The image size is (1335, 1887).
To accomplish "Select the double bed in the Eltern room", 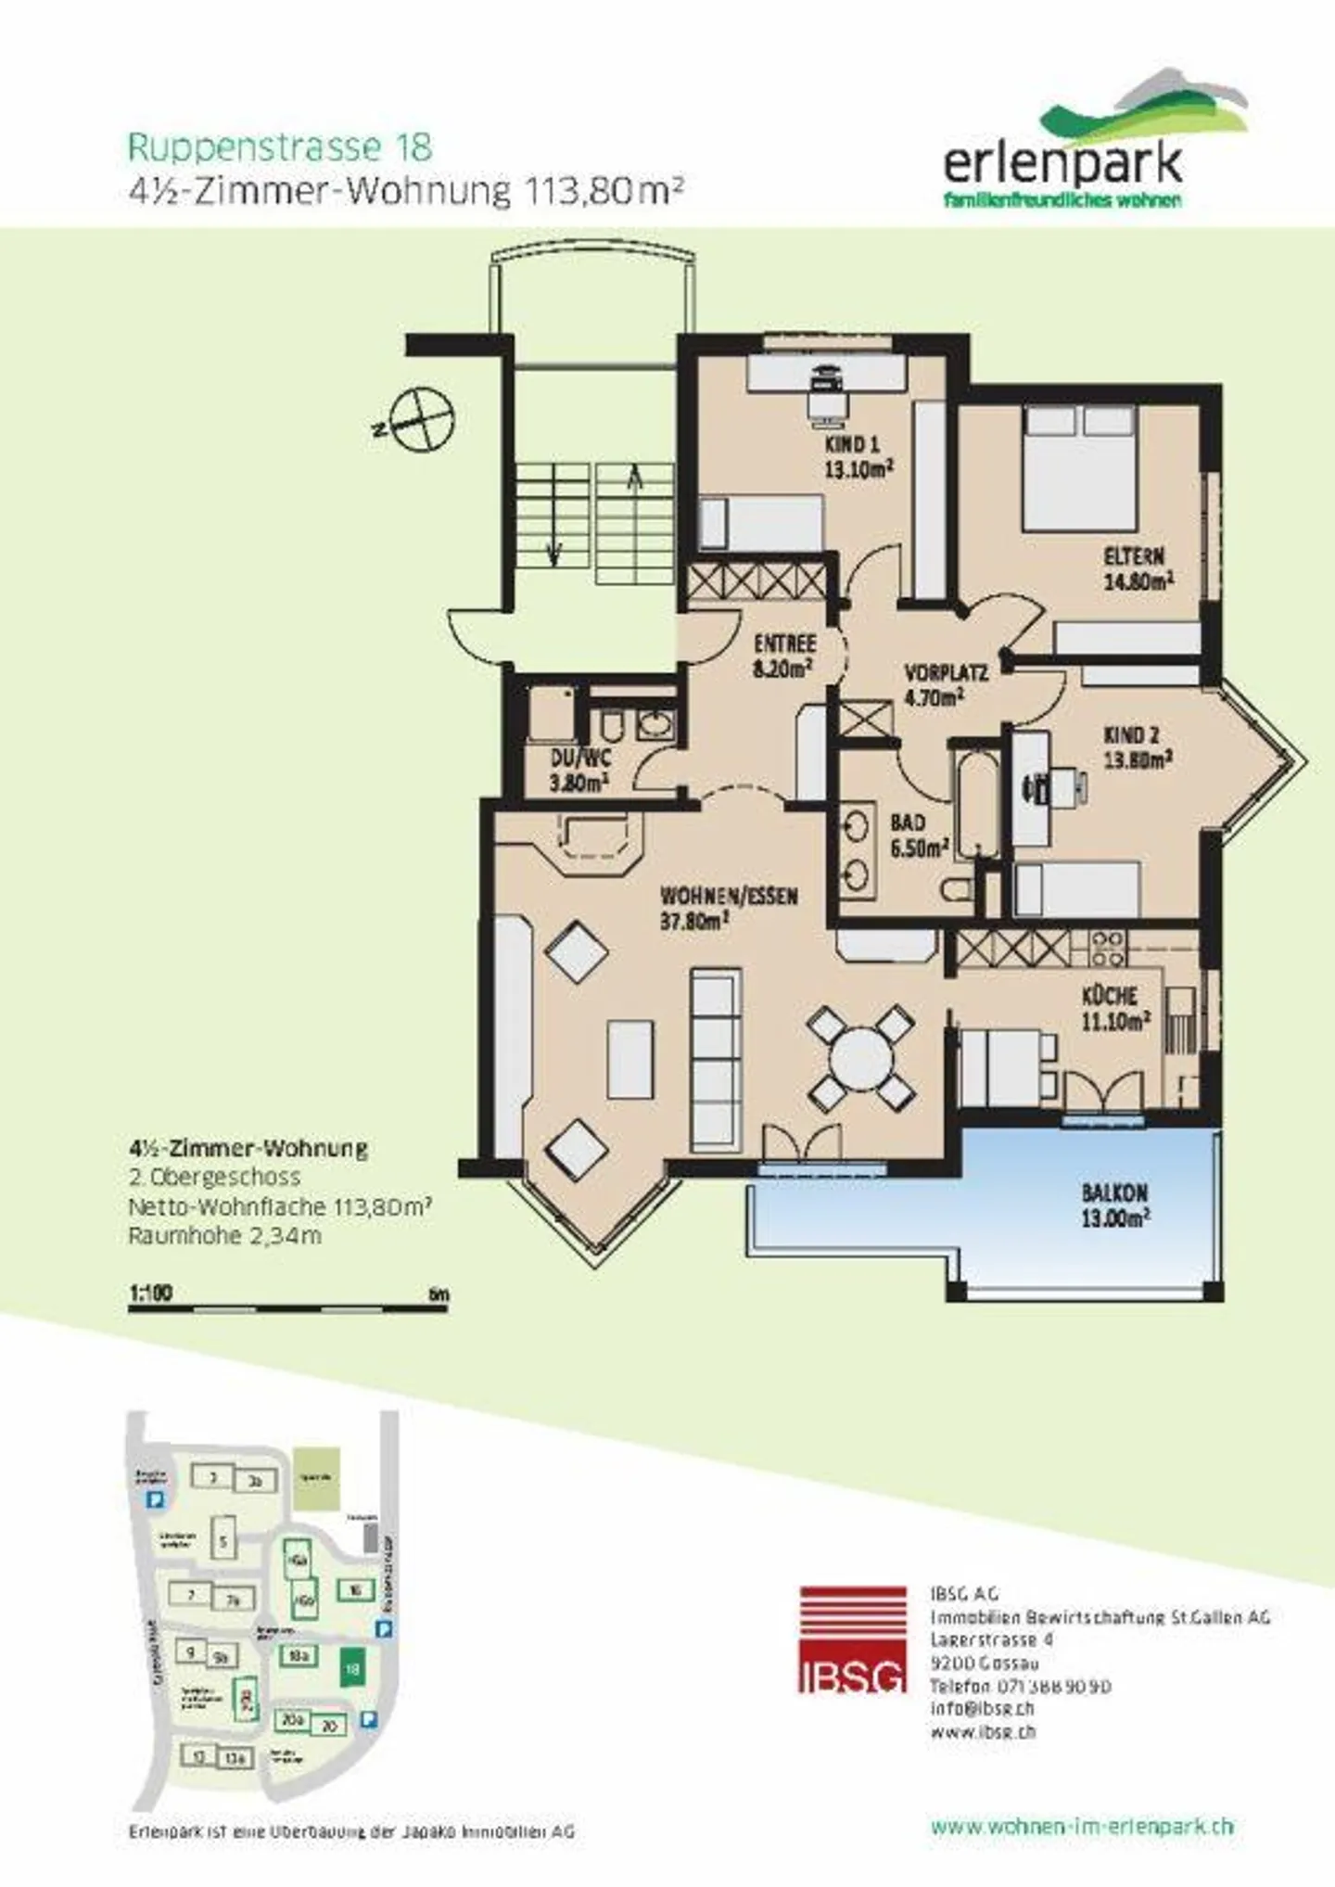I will tap(1079, 467).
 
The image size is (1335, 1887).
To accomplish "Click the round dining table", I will tap(860, 1058).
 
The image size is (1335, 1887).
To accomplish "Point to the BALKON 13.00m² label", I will tap(1115, 1205).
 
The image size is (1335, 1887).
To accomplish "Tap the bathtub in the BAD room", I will tap(975, 803).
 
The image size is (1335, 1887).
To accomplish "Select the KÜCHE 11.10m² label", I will tap(1115, 1008).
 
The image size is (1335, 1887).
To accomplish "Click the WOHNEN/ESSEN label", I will tap(728, 908).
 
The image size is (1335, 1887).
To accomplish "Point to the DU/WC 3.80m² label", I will tap(579, 771).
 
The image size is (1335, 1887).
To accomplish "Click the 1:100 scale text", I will tap(150, 1293).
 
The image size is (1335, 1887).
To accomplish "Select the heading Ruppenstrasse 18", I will tap(279, 147).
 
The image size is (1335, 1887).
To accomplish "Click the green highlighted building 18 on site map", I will tap(352, 1668).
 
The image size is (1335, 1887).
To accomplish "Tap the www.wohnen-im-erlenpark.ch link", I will tap(1082, 1826).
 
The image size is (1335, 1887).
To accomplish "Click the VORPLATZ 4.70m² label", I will tap(945, 685).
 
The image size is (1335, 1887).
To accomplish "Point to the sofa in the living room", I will tap(717, 1057).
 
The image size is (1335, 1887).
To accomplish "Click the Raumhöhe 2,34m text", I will tap(224, 1236).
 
